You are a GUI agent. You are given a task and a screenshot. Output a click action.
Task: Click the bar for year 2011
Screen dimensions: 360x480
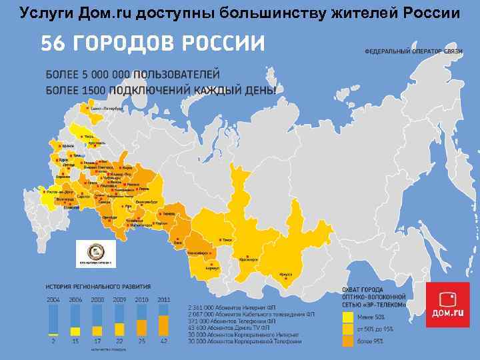[163, 321]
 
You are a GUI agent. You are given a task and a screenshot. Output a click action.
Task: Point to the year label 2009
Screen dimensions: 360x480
[119, 300]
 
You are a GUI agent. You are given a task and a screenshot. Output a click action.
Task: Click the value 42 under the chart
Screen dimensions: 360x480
[163, 341]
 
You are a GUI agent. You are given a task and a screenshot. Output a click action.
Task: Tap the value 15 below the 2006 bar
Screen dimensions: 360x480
[75, 341]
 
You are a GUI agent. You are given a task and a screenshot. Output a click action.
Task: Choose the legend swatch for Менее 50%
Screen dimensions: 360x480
[347, 317]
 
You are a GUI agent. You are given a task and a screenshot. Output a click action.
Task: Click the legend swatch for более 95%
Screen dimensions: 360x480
[347, 341]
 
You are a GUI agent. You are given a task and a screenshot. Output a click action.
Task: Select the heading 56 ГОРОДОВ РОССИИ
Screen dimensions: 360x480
[153, 44]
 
